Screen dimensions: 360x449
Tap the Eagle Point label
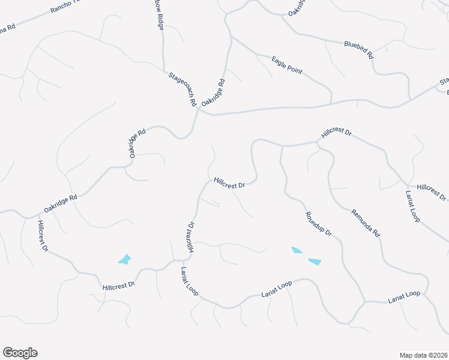[x=286, y=65]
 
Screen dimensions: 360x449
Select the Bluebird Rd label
[x=359, y=49]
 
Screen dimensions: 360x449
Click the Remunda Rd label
[x=366, y=222]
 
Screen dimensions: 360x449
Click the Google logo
[x=20, y=353]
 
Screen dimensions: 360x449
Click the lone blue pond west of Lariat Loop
[x=125, y=259]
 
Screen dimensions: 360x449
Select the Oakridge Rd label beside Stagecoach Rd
[x=213, y=93]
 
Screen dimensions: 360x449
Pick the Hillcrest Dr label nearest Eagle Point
[x=336, y=133]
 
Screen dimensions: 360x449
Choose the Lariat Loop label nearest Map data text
[x=404, y=295]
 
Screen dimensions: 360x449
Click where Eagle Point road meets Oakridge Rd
[x=231, y=37]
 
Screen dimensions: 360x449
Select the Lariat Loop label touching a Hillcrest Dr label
[x=412, y=207]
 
